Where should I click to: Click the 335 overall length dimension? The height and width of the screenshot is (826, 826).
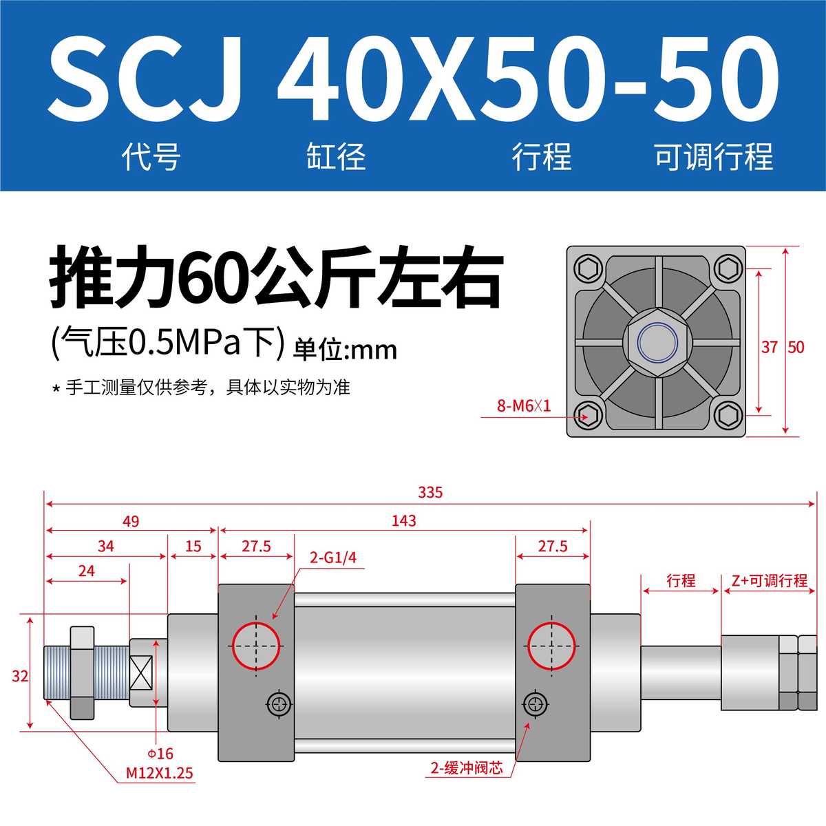pyautogui.click(x=430, y=493)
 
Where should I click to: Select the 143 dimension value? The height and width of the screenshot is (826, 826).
pyautogui.click(x=403, y=521)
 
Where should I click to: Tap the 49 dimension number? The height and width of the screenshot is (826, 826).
pyautogui.click(x=131, y=522)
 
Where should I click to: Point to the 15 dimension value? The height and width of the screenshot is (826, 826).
pyautogui.click(x=193, y=547)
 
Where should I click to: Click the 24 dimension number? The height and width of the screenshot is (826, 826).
pyautogui.click(x=87, y=571)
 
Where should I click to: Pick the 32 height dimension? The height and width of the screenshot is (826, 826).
pyautogui.click(x=20, y=676)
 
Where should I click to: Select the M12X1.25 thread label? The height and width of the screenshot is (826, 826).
pyautogui.click(x=159, y=773)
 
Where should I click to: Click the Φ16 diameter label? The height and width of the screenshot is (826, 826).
pyautogui.click(x=160, y=754)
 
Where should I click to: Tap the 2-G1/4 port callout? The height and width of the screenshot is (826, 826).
pyautogui.click(x=333, y=558)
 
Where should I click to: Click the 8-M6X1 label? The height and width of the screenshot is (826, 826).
pyautogui.click(x=524, y=405)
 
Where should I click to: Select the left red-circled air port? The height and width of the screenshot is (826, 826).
pyautogui.click(x=257, y=646)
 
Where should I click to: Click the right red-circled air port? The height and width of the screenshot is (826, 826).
pyautogui.click(x=551, y=646)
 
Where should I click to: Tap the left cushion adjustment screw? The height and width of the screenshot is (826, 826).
pyautogui.click(x=279, y=703)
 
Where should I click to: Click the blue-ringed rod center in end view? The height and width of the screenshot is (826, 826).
pyautogui.click(x=656, y=341)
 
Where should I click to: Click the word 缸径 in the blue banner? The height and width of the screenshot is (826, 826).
pyautogui.click(x=335, y=157)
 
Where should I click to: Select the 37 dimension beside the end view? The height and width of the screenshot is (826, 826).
pyautogui.click(x=769, y=347)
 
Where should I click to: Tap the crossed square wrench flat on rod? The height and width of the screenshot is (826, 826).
pyautogui.click(x=141, y=673)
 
